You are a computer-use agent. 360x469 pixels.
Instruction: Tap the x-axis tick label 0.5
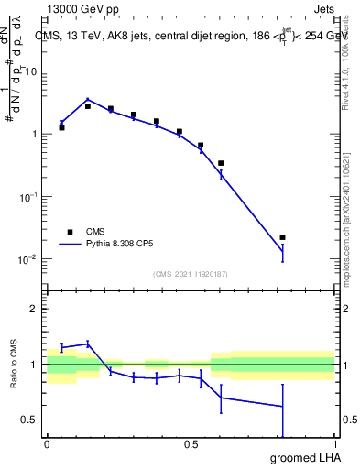tap(191, 443)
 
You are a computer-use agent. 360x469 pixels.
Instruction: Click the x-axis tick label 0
tap(47, 443)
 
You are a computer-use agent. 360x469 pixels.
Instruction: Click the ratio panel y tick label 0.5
tap(30, 420)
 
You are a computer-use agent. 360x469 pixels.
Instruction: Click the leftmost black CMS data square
tap(61, 127)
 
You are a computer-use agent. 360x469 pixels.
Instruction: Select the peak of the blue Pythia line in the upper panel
tap(88, 99)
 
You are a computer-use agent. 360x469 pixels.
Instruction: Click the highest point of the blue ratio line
tap(88, 344)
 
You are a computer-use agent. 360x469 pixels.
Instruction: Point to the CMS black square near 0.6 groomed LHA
tap(221, 163)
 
